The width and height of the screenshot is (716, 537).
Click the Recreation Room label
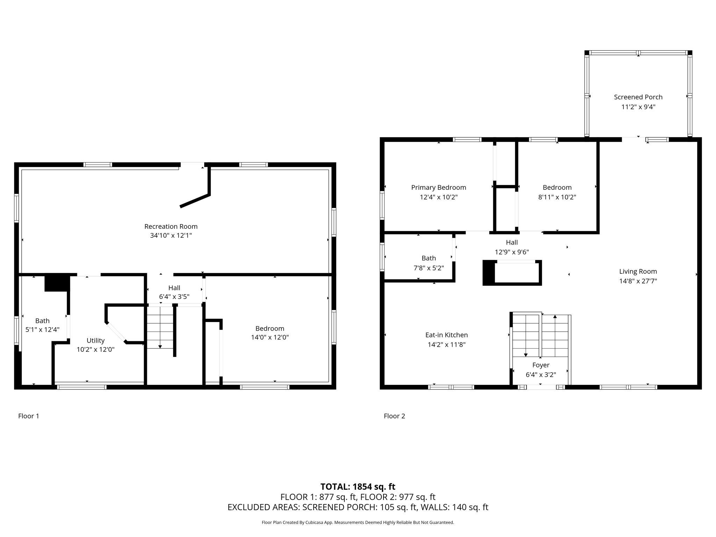pos(171,227)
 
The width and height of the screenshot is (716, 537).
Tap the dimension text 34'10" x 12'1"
pos(171,236)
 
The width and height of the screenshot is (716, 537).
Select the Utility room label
pos(95,341)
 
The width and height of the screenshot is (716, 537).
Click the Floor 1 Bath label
pos(42,321)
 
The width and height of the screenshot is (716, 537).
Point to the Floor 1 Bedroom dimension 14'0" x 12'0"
pos(270,337)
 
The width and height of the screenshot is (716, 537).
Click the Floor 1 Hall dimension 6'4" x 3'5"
pos(174,297)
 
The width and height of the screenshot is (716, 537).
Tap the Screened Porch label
pos(638,97)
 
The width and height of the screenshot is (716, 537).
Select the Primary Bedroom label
pos(438,187)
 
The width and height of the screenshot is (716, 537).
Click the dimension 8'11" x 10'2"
pos(557,197)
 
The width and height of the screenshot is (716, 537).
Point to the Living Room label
pos(638,271)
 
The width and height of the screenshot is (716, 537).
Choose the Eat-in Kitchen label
pos(446,335)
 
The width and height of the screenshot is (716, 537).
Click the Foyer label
pos(540,365)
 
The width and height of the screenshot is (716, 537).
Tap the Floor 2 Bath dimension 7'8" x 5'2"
pos(429,268)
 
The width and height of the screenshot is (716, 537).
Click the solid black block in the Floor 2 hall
pos(489,273)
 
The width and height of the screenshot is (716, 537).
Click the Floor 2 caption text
pos(394,416)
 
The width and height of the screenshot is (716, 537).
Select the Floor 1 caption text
pos(29,416)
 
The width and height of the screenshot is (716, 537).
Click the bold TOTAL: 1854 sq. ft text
pos(358,487)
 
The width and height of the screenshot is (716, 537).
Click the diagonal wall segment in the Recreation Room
pos(195,201)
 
